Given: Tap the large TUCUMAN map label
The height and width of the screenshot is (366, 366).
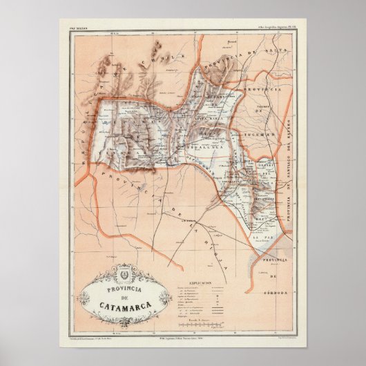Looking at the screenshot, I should (265, 115).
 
